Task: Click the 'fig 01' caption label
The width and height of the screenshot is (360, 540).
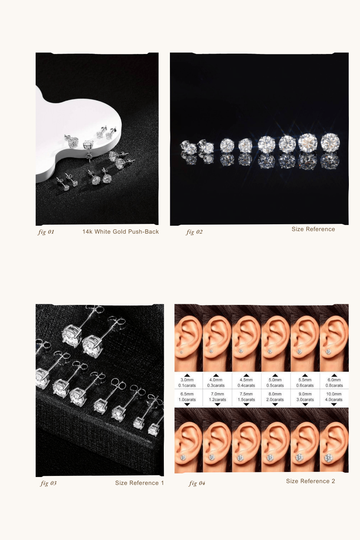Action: click(x=46, y=232)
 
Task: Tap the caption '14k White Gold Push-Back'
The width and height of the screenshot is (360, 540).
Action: click(x=121, y=232)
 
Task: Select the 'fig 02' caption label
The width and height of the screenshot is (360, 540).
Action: click(x=194, y=232)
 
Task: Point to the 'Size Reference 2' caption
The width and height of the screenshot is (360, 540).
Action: click(x=311, y=481)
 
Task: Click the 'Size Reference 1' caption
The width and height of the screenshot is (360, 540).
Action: click(x=139, y=483)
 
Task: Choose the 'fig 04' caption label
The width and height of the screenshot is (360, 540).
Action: click(x=197, y=483)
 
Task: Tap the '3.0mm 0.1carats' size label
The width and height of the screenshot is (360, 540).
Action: click(x=187, y=383)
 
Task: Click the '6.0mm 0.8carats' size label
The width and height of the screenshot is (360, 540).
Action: click(x=334, y=383)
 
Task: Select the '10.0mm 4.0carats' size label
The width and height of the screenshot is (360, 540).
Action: click(x=334, y=397)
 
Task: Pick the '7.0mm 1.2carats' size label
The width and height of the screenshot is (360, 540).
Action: click(x=217, y=397)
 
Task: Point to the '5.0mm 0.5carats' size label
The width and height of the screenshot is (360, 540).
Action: click(x=275, y=383)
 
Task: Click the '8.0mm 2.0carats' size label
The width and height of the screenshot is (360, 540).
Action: click(x=275, y=397)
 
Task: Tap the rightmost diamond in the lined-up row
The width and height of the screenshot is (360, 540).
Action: click(x=330, y=143)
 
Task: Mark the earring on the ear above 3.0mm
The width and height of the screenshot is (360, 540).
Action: click(x=181, y=352)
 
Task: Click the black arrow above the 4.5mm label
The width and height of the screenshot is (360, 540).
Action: click(x=246, y=375)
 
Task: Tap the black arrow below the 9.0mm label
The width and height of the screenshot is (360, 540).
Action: click(x=305, y=405)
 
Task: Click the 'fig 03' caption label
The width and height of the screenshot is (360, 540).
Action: click(x=49, y=483)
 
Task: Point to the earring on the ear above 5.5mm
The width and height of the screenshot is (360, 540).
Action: click(x=299, y=351)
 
